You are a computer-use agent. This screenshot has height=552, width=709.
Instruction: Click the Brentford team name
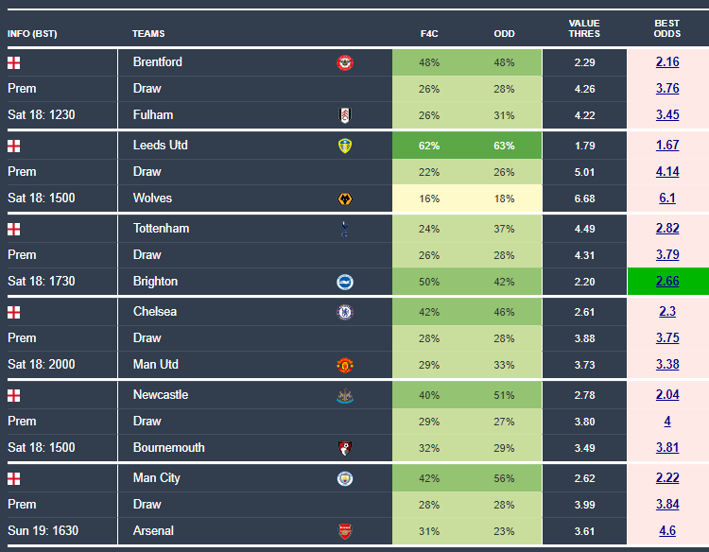158,62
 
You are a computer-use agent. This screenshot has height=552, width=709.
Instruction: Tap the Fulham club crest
344,115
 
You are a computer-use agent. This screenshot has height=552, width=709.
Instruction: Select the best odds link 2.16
667,62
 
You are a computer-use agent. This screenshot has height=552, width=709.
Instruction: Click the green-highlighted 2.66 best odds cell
667,282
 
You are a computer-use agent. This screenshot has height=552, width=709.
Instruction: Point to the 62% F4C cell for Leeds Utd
429,146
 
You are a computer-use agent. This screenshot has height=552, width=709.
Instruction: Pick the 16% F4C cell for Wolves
429,198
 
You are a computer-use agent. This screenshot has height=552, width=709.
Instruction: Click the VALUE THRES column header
584,28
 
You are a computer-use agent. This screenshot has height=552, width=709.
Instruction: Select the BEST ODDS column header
667,28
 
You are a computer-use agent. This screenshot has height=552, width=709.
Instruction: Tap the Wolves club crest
344,198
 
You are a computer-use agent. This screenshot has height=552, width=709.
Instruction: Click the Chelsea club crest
344,312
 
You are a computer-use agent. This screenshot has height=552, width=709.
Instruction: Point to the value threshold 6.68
584,198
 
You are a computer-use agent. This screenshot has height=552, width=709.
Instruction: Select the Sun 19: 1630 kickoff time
43,531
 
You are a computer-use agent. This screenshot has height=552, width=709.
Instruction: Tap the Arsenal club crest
344,531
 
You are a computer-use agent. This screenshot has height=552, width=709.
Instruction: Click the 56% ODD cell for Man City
504,478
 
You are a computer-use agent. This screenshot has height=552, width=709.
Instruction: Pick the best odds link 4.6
667,531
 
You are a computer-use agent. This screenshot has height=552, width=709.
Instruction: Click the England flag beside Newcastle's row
13,395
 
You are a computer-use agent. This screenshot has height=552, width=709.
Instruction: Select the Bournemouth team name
168,448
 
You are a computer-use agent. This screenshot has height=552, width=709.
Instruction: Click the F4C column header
429,34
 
